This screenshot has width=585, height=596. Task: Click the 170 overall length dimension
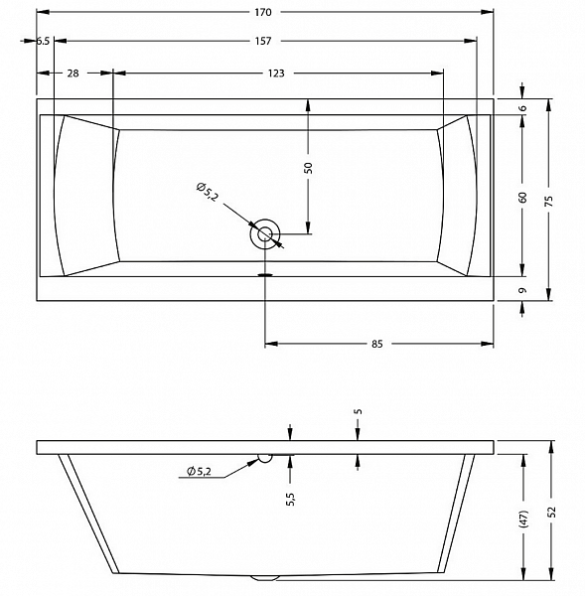pos(263,12)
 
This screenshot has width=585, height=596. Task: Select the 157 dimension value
pos(263,41)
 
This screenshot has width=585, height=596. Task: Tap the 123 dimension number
pos(275,74)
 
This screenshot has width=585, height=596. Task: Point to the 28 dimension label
pos(73,74)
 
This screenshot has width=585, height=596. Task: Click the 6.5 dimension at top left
pos(43,41)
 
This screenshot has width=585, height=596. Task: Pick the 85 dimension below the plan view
pos(376,344)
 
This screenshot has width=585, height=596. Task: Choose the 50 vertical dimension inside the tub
pos(309,168)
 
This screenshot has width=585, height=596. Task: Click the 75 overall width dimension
pos(548,201)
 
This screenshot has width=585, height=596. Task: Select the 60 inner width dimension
pos(522,198)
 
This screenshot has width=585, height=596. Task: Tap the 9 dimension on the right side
pos(523,290)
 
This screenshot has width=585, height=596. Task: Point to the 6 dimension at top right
pos(523,108)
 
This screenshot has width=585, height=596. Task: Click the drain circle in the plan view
pos(265,234)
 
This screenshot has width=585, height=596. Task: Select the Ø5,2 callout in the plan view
pos(208,192)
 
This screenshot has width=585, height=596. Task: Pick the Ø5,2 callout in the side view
pos(199,471)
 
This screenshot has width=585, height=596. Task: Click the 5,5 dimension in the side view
pos(291,499)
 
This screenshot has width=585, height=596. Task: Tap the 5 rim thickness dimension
pos(359,411)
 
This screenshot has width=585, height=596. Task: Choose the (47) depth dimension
pos(523,519)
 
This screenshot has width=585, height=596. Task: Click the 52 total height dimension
pos(551,512)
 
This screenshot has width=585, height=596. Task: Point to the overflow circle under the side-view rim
pos(265,458)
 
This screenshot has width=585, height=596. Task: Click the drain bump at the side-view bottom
pos(265,578)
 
